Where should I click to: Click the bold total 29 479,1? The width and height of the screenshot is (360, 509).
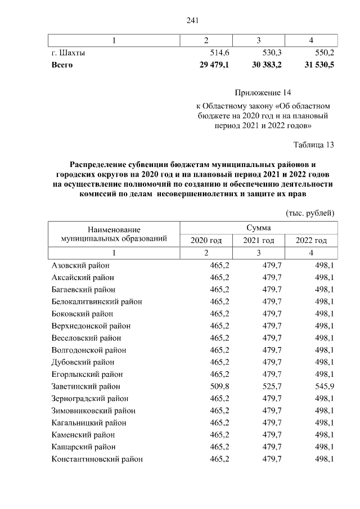214,65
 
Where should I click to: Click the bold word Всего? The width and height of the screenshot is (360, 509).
62,65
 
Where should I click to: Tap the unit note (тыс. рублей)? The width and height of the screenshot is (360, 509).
310,213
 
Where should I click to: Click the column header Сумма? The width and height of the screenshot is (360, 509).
258,228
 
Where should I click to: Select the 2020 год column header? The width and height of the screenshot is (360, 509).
206,241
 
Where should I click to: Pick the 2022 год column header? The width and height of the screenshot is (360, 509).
311,241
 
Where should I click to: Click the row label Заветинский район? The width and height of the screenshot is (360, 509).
85,386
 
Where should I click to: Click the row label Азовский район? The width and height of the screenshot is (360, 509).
80,265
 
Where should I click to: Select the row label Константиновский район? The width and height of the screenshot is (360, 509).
97,459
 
